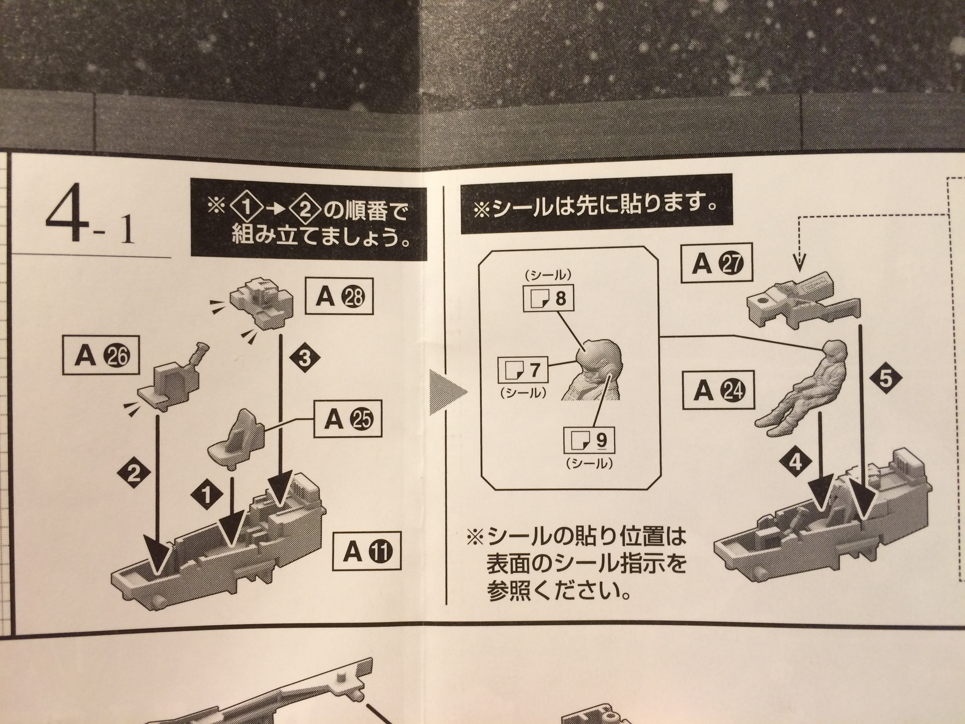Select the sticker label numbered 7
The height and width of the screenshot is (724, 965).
[523, 371]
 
